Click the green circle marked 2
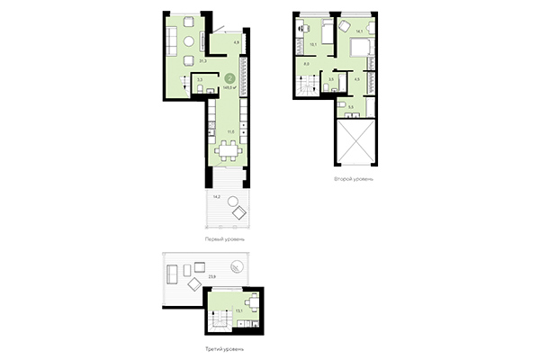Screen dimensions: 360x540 [x=230, y=79]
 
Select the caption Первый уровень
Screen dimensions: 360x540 [x=224, y=238]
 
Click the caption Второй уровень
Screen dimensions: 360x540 [x=354, y=179]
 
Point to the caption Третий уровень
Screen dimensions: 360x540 [x=224, y=348]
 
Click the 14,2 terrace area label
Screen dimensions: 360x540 [x=217, y=195]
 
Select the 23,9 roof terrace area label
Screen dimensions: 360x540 [x=211, y=276]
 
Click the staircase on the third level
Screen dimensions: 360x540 [x=217, y=318]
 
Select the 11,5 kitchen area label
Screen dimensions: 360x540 [x=231, y=132]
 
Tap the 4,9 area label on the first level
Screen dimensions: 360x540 [x=236, y=42]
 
